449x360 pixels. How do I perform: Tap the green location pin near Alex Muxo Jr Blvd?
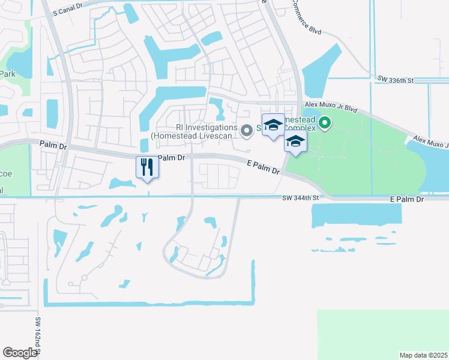tap(325, 124)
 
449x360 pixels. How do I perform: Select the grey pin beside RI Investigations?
tap(246, 130)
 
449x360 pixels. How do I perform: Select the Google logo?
tap(20, 352)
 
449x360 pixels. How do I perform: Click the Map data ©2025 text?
tap(423, 355)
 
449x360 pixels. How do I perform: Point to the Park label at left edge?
tap(7, 74)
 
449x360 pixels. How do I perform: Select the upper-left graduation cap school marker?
tap(273, 124)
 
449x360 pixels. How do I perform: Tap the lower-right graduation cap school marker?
tap(295, 142)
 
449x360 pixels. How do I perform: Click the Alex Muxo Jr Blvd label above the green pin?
tap(331, 110)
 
